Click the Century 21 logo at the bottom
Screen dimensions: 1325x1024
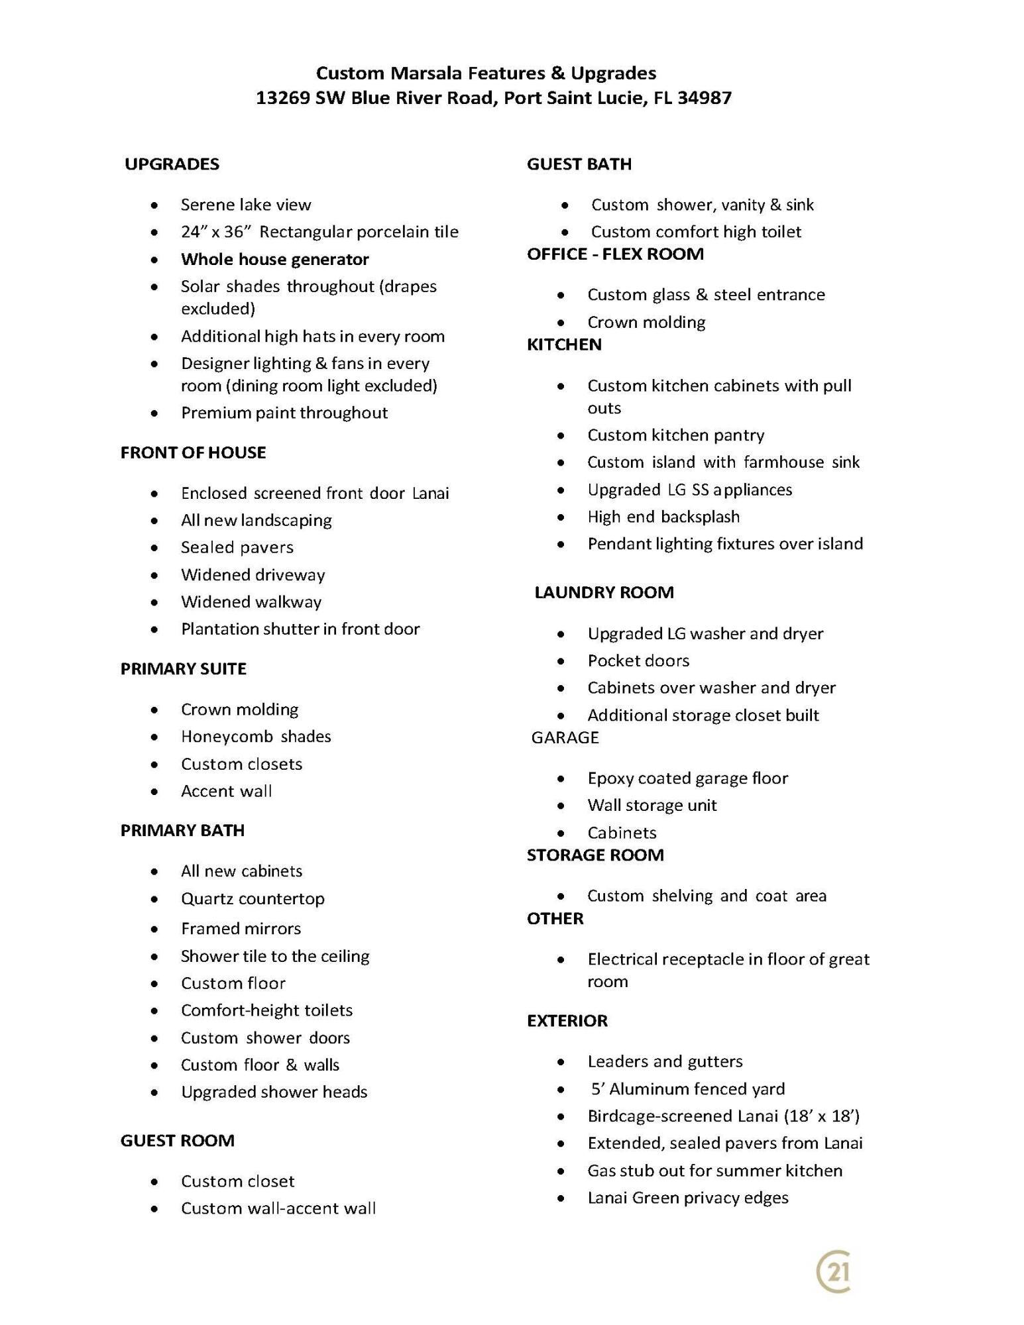[x=834, y=1271]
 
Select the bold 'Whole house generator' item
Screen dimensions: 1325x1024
[x=274, y=259]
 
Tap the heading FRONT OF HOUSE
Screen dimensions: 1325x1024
[x=193, y=452]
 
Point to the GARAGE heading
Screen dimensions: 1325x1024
[x=565, y=737]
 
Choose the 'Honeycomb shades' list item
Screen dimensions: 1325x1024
[x=256, y=737]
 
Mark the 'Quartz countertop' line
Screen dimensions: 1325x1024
[x=253, y=898]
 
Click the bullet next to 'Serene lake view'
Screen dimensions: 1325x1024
[x=154, y=205]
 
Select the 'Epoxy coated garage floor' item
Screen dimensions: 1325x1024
[x=687, y=778]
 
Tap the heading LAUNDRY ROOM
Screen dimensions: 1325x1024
[x=604, y=592]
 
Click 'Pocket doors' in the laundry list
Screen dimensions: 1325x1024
[x=638, y=661]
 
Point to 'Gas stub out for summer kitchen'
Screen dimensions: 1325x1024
[x=714, y=1171]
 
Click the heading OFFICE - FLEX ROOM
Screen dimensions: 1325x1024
[x=615, y=254]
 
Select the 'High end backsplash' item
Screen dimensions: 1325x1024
[x=663, y=517]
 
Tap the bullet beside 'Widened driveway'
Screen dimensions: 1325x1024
[x=154, y=576]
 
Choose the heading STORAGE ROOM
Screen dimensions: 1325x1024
[x=595, y=855]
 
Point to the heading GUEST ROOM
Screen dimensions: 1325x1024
[x=177, y=1141]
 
